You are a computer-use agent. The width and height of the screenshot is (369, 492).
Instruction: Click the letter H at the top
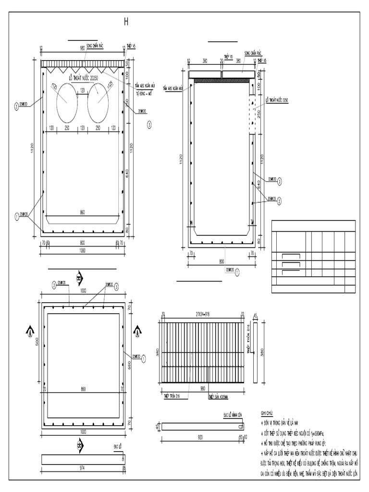(127, 22)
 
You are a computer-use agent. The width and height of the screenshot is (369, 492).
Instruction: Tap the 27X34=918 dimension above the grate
(202, 314)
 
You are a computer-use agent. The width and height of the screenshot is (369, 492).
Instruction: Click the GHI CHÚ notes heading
(267, 413)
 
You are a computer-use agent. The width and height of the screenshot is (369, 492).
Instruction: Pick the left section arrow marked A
(30, 331)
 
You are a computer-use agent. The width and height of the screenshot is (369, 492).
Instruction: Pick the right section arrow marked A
(137, 331)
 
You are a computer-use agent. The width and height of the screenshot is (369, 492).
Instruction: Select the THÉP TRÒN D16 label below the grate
(172, 397)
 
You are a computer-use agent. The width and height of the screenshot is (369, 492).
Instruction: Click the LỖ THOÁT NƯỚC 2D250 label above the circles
(83, 77)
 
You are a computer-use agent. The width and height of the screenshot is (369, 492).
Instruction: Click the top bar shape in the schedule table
(290, 255)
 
